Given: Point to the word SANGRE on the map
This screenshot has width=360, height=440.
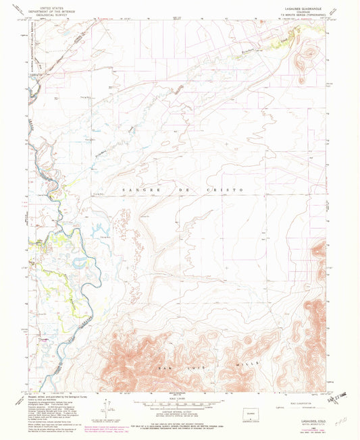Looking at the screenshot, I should coord(133,190).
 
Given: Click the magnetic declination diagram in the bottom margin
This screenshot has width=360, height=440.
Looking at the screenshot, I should coord(105,408).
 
